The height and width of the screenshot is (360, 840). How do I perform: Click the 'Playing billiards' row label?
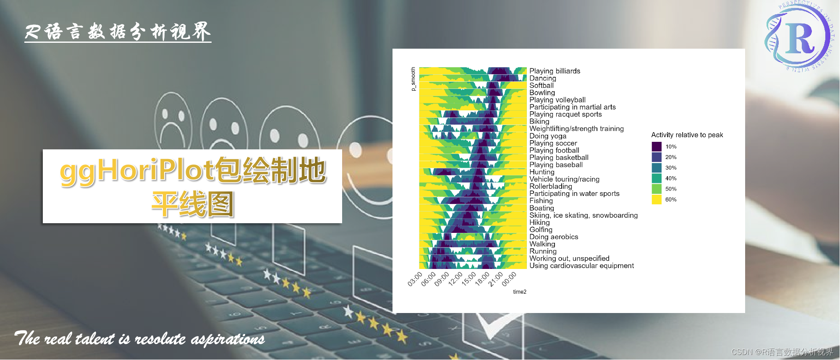point(555,71)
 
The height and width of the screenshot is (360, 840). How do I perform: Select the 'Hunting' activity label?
point(542,172)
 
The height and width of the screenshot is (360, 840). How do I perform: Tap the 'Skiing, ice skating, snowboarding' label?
point(583,215)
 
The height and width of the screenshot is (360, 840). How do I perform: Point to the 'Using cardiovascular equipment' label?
point(581,266)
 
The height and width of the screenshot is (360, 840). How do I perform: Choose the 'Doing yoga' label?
point(547,136)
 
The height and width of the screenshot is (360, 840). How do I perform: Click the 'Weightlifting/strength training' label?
point(576,129)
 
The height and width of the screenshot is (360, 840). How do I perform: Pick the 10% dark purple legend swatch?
point(657,146)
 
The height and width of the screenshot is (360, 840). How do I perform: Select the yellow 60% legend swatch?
point(657,199)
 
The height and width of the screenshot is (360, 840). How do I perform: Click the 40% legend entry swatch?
point(657,178)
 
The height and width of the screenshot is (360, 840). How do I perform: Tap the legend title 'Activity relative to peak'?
point(687,135)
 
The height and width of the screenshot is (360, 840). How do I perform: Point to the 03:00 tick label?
point(415,279)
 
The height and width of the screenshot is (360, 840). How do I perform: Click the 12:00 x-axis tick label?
point(455,279)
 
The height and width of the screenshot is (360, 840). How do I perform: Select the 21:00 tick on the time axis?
point(496,279)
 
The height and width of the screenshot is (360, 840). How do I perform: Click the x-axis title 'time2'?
point(519,292)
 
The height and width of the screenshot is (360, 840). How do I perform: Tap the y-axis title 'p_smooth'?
point(413,79)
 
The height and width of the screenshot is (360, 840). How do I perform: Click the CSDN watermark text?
point(782,352)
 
